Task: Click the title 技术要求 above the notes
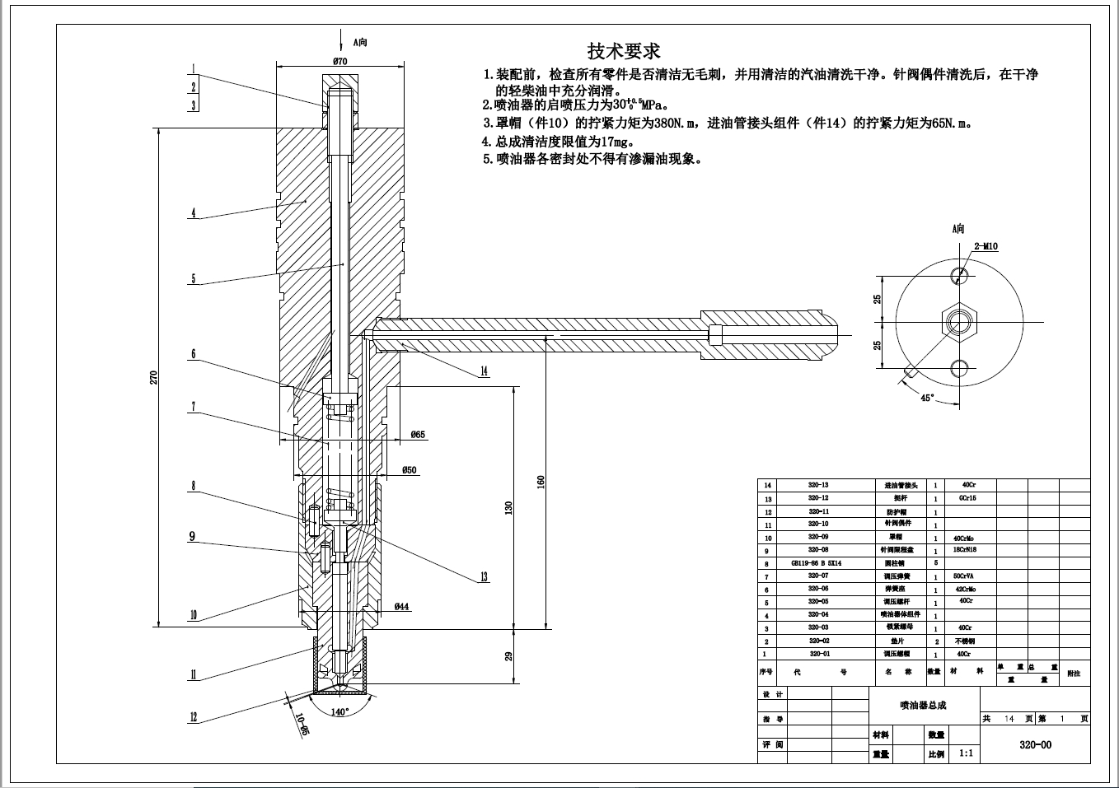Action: click(623, 51)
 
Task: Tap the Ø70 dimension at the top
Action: click(339, 61)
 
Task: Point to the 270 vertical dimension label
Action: click(153, 378)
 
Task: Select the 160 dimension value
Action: click(541, 480)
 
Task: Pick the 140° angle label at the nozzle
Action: click(339, 711)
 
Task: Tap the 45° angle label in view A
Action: click(927, 398)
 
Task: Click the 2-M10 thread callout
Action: click(986, 246)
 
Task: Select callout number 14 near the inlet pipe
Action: click(484, 371)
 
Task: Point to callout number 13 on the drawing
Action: click(484, 577)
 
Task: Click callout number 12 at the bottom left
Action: click(194, 717)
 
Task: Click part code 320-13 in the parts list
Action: click(817, 486)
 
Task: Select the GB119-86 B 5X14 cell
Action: click(817, 563)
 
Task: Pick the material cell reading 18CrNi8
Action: click(965, 550)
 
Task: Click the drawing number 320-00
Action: click(1035, 745)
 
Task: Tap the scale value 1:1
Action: click(966, 753)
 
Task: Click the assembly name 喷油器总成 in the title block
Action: click(923, 705)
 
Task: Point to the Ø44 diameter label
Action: click(402, 607)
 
